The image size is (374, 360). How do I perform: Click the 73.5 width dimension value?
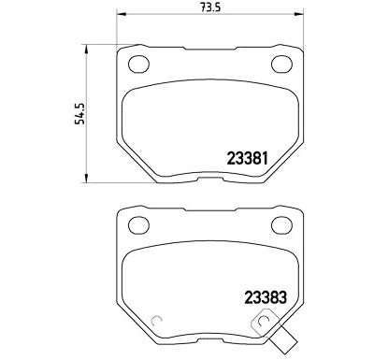click(210, 7)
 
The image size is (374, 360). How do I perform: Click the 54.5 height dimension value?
click(79, 113)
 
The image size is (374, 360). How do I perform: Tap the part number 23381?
click(248, 158)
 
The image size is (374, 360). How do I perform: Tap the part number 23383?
click(266, 297)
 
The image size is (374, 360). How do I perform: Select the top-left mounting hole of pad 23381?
click(138, 65)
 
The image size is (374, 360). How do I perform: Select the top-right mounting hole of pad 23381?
click(281, 65)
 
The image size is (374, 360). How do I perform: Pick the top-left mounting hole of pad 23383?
click(138, 224)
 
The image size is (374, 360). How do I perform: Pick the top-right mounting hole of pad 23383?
click(281, 224)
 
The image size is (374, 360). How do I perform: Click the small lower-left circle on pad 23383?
click(155, 321)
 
